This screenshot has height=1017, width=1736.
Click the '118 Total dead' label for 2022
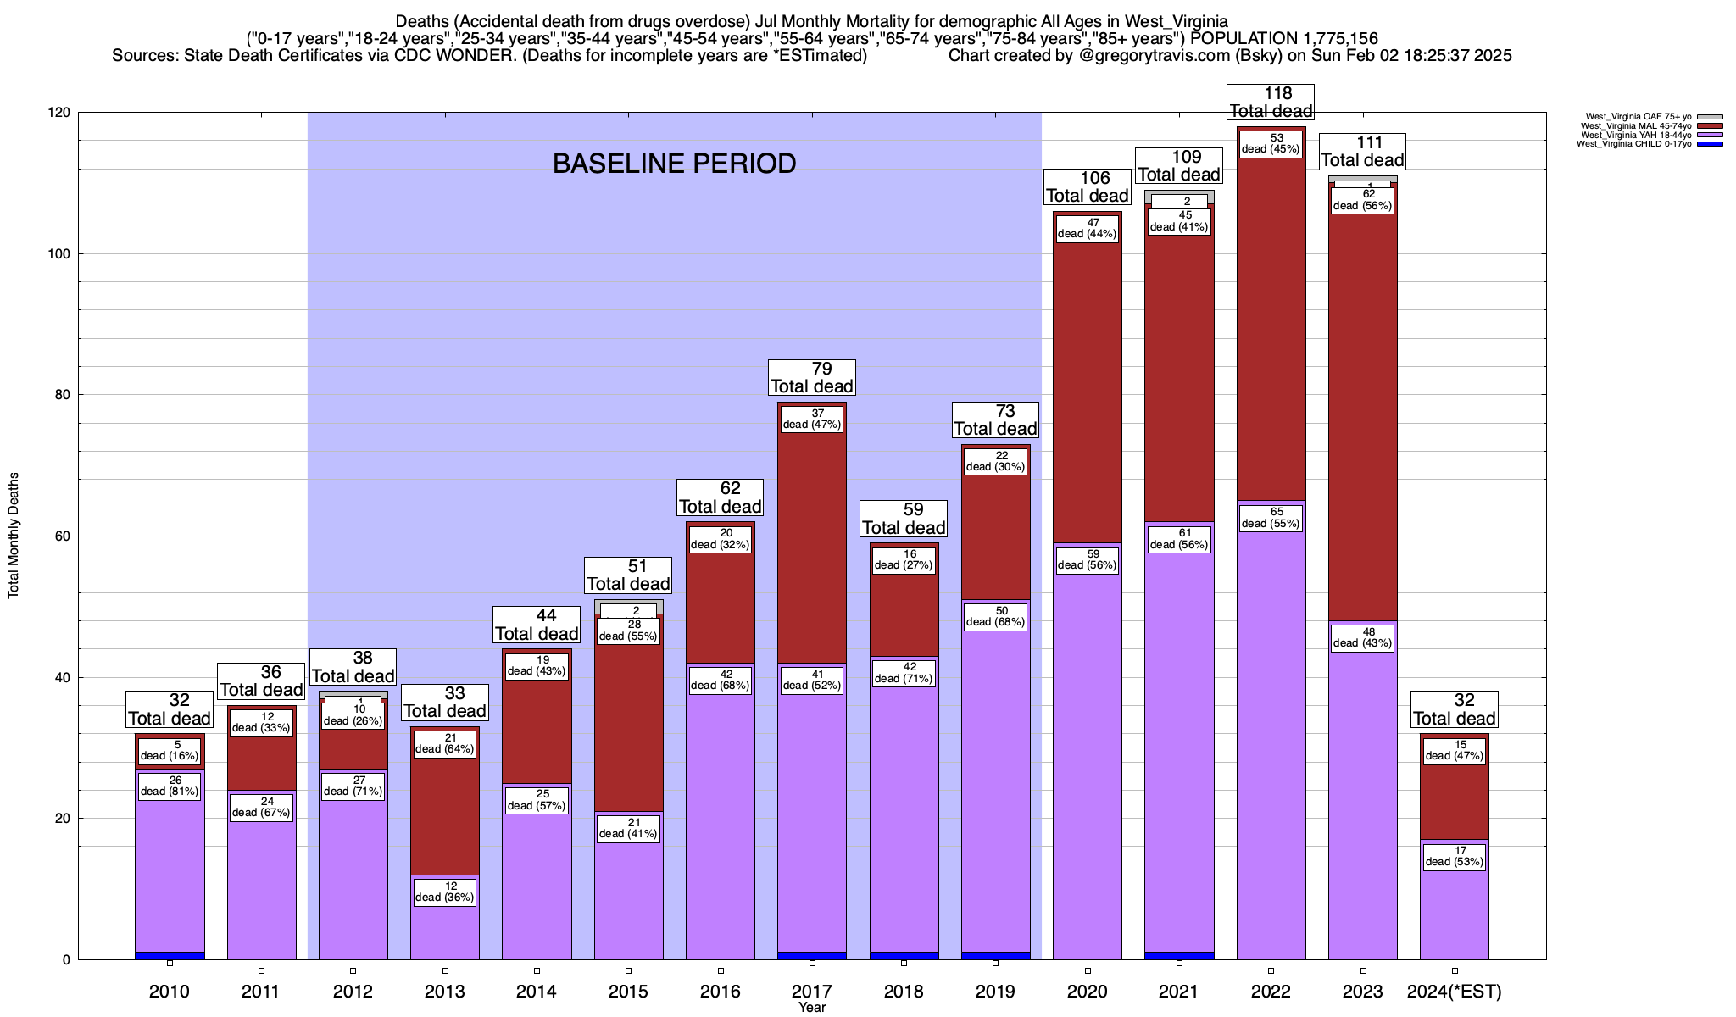coord(1271,102)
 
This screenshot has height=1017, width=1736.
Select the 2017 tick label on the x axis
coord(812,991)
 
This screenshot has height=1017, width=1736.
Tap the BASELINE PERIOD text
coord(674,164)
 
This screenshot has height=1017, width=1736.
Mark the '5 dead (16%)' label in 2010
coord(170,751)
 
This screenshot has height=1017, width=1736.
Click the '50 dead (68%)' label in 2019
coord(995,617)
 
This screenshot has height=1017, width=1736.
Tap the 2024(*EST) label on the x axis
coord(1454,991)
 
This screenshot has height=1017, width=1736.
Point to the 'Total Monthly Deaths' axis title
coord(14,536)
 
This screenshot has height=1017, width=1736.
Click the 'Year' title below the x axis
coord(812,1007)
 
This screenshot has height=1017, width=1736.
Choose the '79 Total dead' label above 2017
coord(812,377)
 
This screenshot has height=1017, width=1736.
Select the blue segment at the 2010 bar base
coord(170,955)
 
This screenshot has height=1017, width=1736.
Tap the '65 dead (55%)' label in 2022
coord(1271,518)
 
